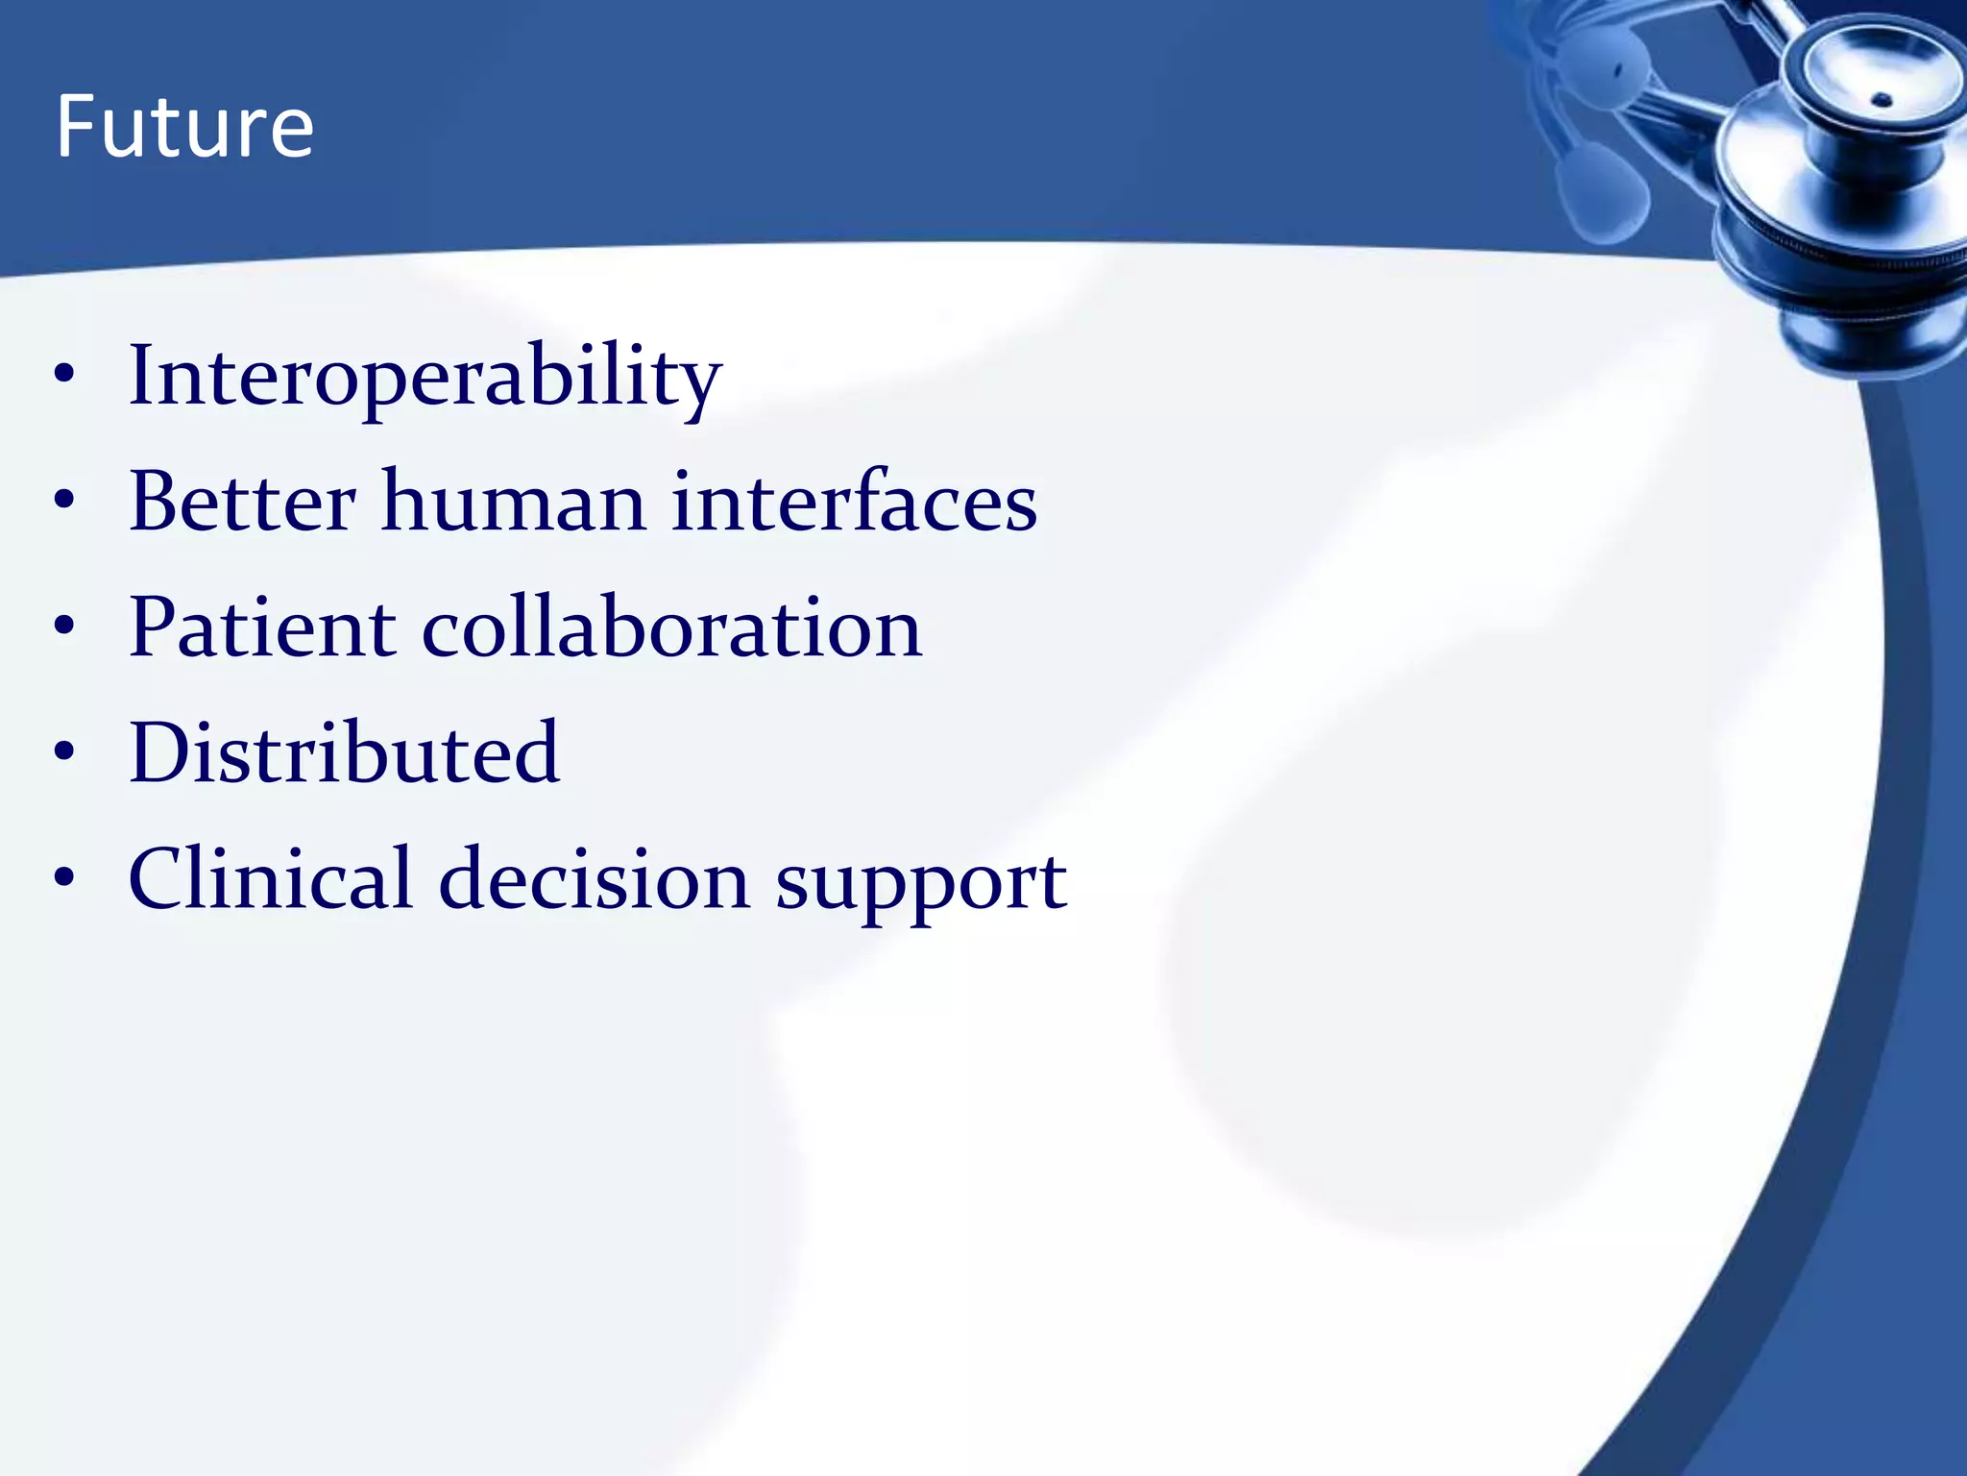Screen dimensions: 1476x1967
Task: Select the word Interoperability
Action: (425, 377)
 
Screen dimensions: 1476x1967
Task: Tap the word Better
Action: (242, 501)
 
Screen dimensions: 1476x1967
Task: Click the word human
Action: (514, 501)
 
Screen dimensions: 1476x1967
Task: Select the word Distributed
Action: (344, 752)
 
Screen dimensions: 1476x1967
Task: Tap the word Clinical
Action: (270, 878)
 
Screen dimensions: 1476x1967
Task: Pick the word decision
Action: (594, 878)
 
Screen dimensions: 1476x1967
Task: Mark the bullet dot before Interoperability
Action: (64, 375)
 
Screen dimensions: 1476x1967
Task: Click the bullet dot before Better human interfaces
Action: (64, 500)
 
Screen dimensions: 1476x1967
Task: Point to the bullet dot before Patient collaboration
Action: (64, 626)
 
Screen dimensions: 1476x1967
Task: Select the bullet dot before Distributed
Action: (64, 751)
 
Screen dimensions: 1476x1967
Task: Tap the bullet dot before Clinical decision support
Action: (64, 877)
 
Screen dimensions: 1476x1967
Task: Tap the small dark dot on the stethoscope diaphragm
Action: (1882, 99)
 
